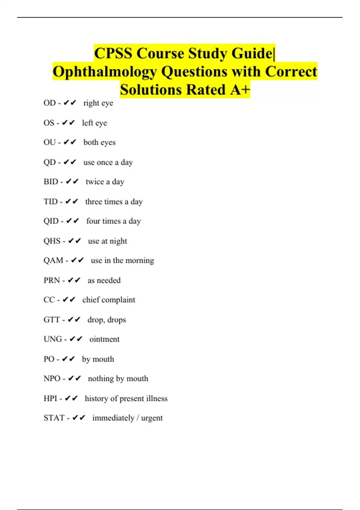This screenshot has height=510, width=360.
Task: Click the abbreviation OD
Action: point(49,103)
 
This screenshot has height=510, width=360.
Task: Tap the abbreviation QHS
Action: point(52,241)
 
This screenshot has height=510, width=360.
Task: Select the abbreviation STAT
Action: point(54,418)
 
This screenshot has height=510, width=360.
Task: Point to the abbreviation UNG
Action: point(53,339)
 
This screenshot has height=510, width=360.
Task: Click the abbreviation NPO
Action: point(52,379)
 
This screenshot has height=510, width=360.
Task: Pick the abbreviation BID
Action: point(51,182)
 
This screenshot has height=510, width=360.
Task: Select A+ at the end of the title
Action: point(240,90)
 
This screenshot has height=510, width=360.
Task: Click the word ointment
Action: point(104,339)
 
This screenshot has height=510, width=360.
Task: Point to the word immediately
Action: point(113,418)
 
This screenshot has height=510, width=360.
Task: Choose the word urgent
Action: point(152,418)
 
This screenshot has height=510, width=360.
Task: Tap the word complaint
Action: point(118,300)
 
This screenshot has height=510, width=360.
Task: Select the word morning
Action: point(139,260)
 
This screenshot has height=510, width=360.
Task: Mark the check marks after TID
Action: point(72,202)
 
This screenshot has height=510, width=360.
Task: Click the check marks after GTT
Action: point(74,320)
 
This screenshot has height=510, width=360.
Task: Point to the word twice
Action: point(95,182)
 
